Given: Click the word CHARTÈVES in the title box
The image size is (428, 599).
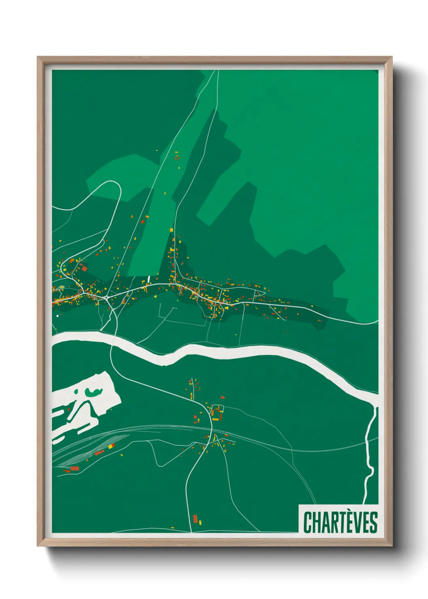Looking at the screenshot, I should [x=340, y=522].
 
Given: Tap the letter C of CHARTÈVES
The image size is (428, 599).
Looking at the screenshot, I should [x=307, y=523].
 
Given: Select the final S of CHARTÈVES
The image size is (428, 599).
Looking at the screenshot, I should [x=374, y=523].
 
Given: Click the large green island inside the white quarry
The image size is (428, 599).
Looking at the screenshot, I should [x=93, y=392].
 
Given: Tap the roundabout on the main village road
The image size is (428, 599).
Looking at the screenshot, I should [x=106, y=298].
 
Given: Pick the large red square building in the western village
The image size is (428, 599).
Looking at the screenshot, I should [x=84, y=268].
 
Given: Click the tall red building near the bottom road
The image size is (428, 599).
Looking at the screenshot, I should [x=195, y=518].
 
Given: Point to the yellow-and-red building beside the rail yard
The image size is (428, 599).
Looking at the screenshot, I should [x=110, y=446].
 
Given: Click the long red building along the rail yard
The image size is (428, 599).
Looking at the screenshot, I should [x=99, y=452].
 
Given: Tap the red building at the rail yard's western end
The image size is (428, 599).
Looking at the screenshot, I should [x=75, y=468].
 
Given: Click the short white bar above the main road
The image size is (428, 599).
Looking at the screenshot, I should [x=149, y=279].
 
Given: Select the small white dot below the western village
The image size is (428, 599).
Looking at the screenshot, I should [x=57, y=316].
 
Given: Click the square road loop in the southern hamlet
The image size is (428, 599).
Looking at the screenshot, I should [x=218, y=413].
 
